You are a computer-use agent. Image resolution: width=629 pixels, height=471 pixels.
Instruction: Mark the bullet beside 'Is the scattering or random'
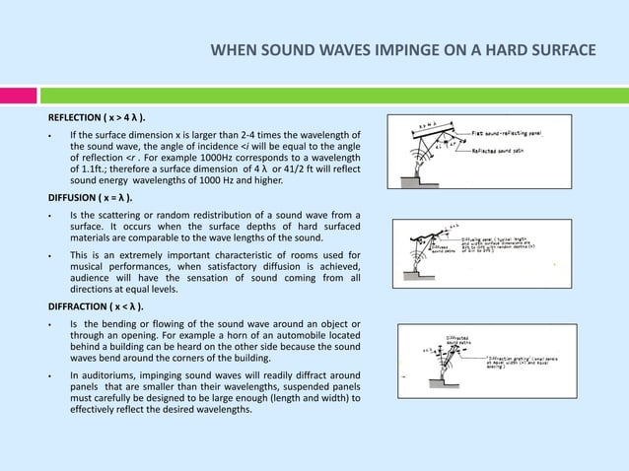[36, 216]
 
